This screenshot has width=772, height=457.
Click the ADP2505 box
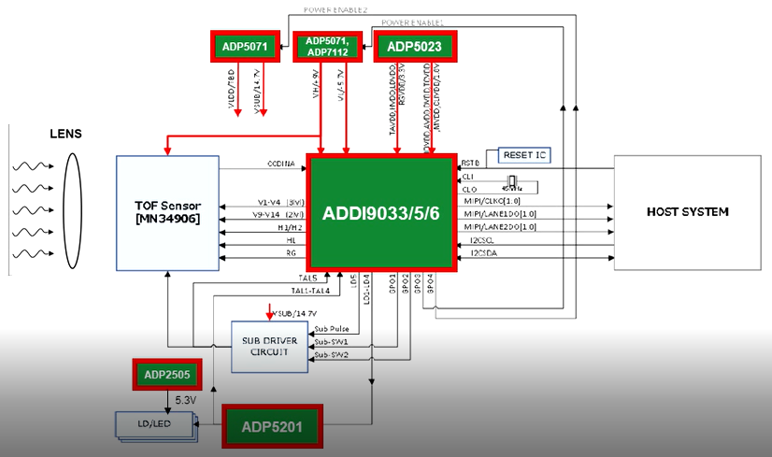(x=166, y=375)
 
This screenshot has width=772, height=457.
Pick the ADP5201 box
(x=272, y=427)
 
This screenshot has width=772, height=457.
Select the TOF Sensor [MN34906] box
(x=167, y=211)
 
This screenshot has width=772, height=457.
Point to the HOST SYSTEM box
(x=687, y=212)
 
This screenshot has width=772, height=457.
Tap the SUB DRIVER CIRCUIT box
(x=270, y=345)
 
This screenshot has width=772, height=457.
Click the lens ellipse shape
(x=73, y=213)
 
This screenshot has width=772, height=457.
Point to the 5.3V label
(x=184, y=400)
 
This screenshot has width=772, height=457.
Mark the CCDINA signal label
(x=280, y=164)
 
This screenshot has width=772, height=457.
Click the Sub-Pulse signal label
(x=332, y=329)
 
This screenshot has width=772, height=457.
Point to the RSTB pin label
(x=471, y=161)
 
